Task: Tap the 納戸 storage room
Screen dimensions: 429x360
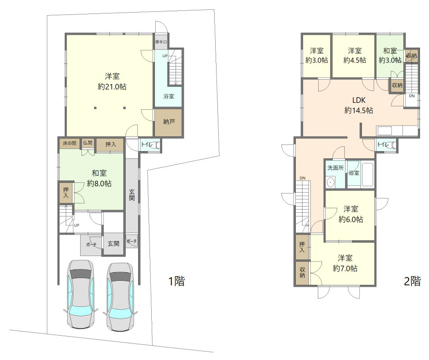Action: click(168, 122)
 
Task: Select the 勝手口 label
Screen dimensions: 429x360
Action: click(161, 42)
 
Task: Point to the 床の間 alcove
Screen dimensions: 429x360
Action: click(69, 144)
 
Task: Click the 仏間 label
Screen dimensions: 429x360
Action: click(88, 143)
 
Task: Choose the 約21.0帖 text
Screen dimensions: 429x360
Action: click(112, 87)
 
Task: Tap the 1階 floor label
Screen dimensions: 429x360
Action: click(176, 281)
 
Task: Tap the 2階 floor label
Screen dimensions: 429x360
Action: click(412, 281)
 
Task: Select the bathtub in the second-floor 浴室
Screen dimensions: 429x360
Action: click(367, 175)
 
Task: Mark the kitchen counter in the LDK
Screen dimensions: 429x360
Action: click(397, 131)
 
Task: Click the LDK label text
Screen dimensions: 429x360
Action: click(359, 100)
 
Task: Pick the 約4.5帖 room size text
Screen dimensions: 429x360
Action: click(355, 60)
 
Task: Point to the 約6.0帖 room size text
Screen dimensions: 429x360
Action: click(351, 220)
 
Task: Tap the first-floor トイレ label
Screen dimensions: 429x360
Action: click(147, 144)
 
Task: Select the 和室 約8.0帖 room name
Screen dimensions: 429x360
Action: click(99, 173)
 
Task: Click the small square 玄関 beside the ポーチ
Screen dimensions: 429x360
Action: click(113, 244)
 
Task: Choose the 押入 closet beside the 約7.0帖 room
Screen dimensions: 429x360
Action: click(302, 247)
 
